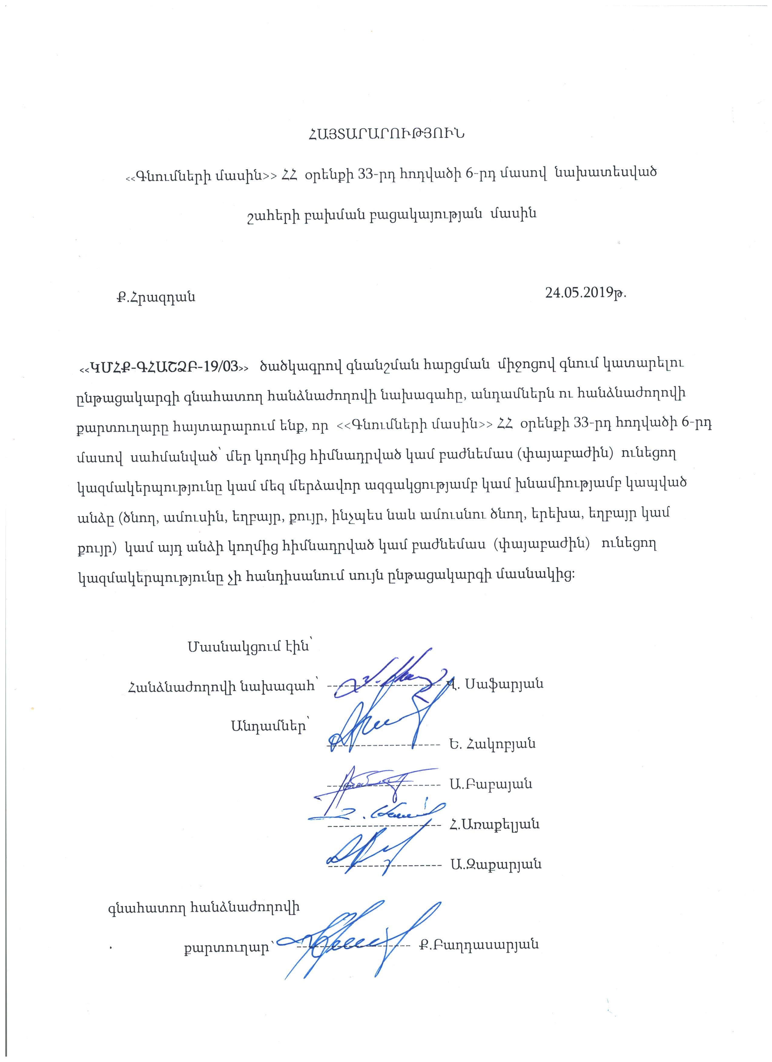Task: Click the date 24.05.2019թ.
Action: tap(585, 293)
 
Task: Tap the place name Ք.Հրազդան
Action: tap(156, 297)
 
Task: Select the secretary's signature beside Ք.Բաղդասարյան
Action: tap(351, 941)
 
